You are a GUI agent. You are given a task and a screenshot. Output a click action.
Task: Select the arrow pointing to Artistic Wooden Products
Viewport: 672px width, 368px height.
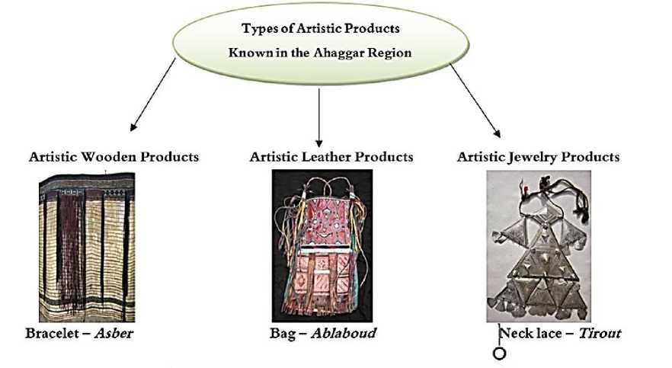coord(152,95)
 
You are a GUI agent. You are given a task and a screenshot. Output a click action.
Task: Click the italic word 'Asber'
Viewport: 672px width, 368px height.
coord(114,334)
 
